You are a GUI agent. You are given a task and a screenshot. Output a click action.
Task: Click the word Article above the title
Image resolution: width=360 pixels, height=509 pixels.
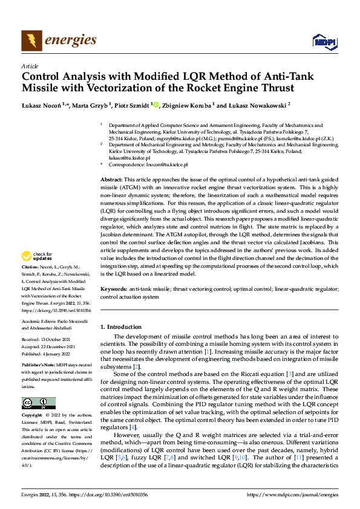click(29, 66)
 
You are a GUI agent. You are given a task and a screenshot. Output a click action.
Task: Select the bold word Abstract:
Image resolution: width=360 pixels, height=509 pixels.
click(111, 180)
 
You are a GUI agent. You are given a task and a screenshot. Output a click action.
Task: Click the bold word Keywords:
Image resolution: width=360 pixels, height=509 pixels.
click(113, 290)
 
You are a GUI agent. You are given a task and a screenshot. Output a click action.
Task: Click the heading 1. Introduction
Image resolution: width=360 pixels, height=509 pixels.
click(120, 326)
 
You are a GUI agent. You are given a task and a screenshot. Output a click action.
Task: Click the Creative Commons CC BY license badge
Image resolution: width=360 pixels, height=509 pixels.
click(39, 403)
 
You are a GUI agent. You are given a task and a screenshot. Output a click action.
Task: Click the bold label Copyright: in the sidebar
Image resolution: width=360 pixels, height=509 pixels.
click(32, 415)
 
